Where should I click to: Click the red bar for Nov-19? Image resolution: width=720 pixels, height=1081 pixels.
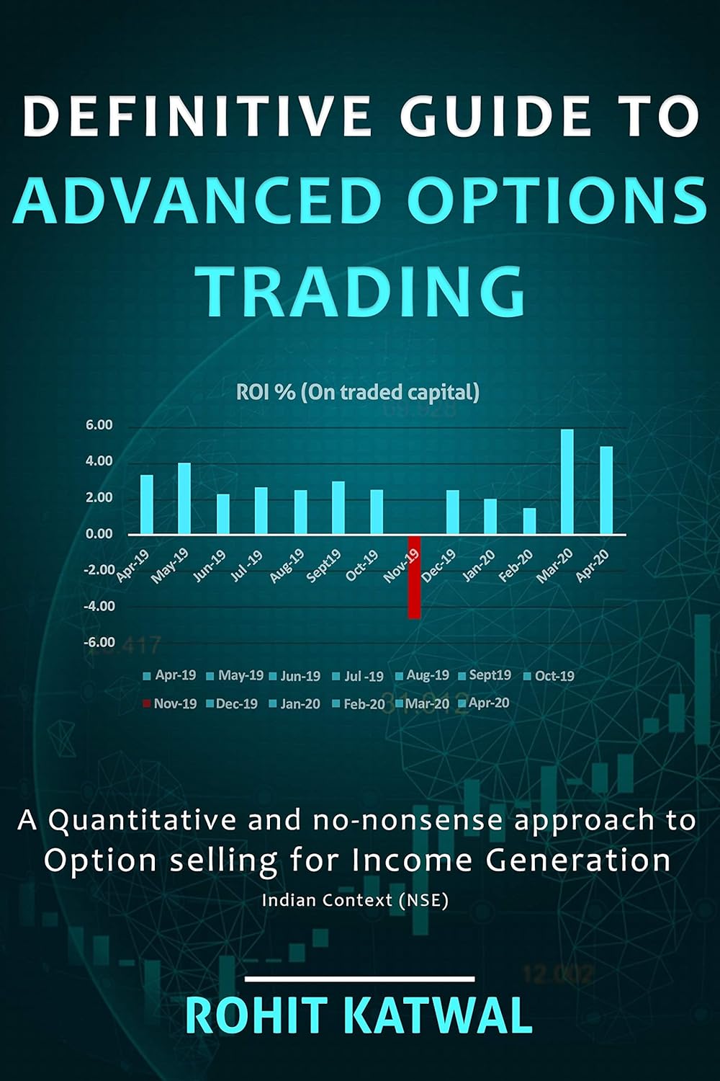tap(414, 577)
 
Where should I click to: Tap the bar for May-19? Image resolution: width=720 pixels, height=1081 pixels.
tap(184, 498)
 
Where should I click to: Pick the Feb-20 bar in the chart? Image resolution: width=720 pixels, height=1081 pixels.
tap(529, 520)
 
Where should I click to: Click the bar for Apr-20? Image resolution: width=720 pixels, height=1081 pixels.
tap(606, 490)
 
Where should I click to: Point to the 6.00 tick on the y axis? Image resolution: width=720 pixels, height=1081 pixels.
tap(99, 425)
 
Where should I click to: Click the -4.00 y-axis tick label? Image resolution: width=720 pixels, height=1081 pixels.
tap(99, 606)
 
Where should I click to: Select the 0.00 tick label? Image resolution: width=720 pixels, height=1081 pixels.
tap(99, 534)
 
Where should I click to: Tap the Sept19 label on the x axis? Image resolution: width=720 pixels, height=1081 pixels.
tap(323, 566)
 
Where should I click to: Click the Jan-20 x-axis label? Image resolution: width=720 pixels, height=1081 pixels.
tap(478, 566)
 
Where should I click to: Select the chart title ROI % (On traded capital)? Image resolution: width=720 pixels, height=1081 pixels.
tap(358, 392)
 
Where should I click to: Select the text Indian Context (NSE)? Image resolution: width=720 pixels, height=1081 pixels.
tap(355, 900)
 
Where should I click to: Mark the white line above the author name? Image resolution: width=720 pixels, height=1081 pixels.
tap(359, 979)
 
